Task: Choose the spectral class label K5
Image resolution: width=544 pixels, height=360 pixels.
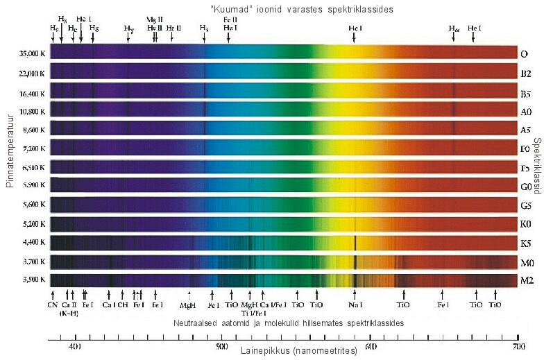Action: [x=526, y=243]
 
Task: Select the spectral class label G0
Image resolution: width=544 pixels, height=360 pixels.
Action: [x=526, y=186]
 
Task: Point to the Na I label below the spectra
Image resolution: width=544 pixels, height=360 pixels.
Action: [x=355, y=304]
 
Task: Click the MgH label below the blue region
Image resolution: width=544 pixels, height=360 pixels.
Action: [x=187, y=305]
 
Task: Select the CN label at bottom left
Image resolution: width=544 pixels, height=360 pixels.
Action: [x=53, y=304]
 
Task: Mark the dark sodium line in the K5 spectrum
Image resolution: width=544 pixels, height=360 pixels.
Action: [x=355, y=242]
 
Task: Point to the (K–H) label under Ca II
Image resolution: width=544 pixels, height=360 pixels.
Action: [x=68, y=312]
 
